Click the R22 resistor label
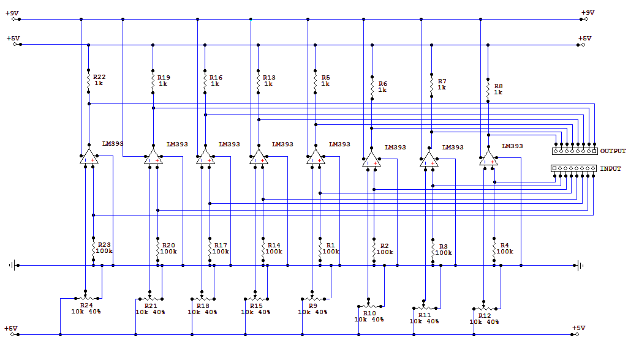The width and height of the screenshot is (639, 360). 99,77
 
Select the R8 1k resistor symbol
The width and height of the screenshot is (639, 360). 488,89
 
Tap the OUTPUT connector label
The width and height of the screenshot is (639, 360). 613,151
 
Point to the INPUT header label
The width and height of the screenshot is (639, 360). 610,168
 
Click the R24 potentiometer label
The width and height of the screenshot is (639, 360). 86,305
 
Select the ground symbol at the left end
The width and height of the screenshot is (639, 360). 13,266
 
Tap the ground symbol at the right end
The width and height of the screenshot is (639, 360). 579,266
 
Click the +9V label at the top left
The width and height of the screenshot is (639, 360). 12,13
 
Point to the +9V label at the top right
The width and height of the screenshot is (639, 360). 588,13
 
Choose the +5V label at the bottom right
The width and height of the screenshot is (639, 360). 578,328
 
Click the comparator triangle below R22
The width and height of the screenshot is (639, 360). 89,156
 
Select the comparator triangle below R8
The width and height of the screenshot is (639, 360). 488,158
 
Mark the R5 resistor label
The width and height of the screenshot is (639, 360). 325,77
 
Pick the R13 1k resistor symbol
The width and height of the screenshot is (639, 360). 258,81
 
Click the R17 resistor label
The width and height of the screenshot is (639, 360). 221,245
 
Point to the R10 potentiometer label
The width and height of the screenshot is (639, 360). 369,313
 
